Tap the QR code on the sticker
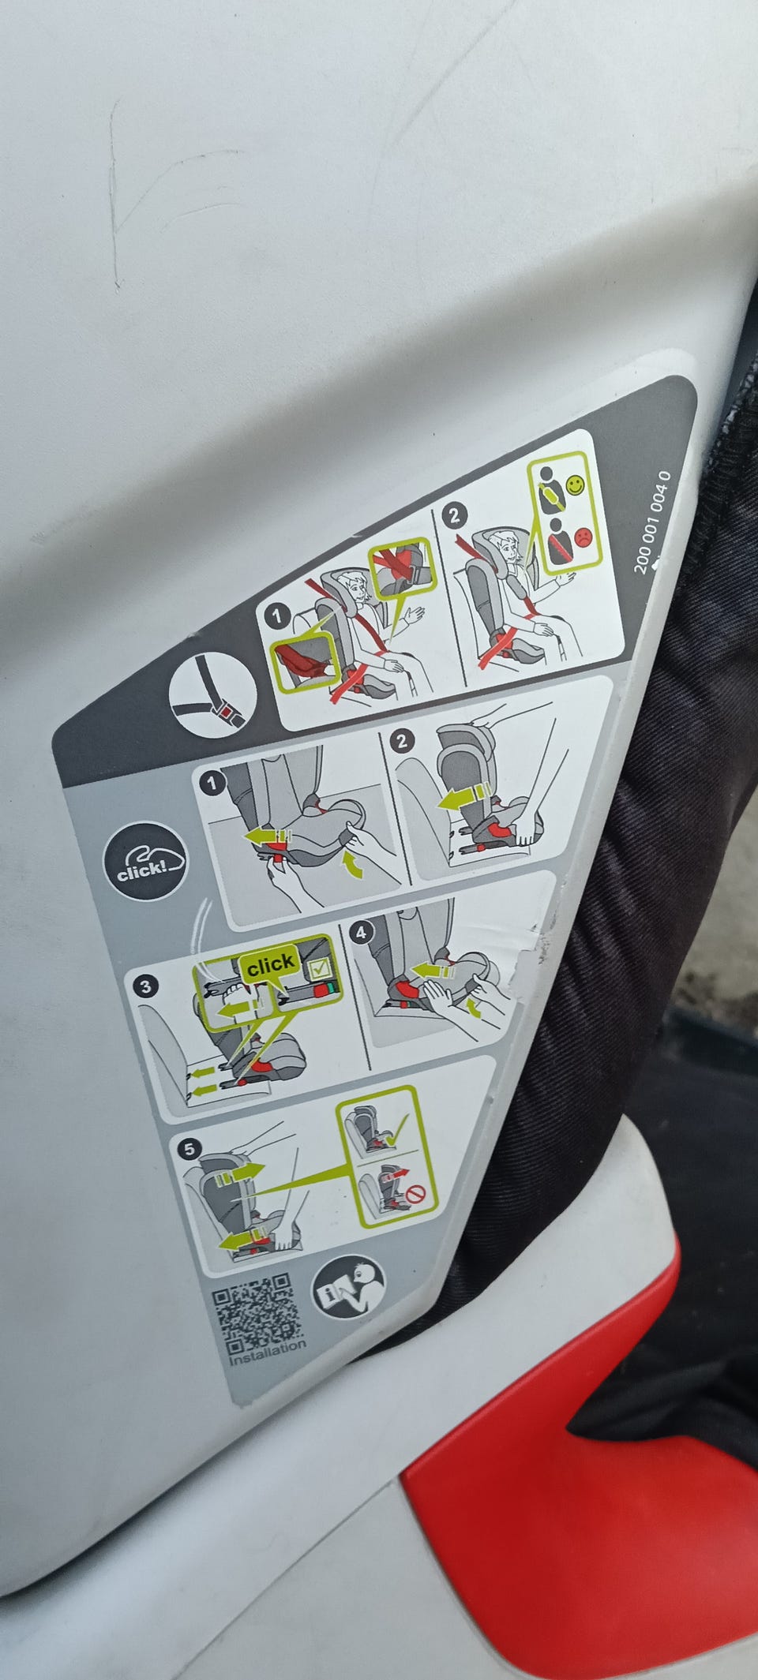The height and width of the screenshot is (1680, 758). (257, 1311)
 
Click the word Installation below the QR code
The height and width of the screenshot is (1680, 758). (268, 1353)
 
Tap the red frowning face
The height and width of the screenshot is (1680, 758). (581, 537)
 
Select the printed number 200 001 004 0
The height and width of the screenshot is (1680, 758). (652, 521)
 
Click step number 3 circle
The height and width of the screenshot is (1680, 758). (145, 986)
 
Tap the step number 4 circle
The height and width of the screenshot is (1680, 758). (361, 933)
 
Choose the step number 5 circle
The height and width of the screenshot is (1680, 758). (189, 1149)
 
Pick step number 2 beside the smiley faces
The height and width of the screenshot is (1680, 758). (453, 517)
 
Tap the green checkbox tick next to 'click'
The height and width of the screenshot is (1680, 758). (322, 969)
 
